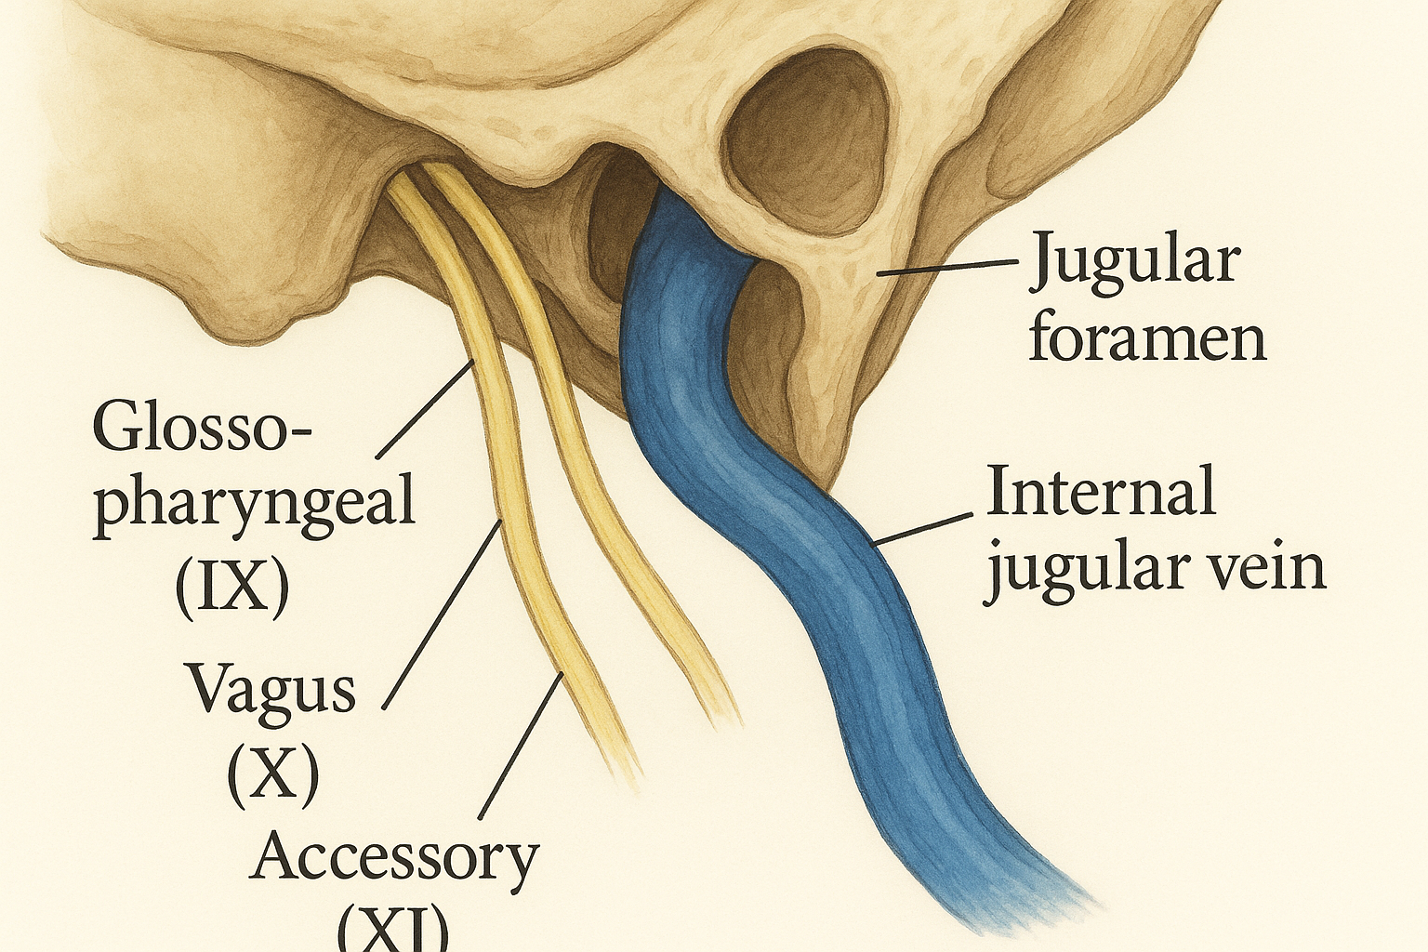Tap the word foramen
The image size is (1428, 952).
tap(1147, 339)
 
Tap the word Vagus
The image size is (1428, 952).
tap(272, 691)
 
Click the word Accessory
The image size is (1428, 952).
tap(395, 857)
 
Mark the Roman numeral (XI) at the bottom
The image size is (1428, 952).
tap(393, 930)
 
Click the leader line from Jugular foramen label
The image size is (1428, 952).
tap(948, 268)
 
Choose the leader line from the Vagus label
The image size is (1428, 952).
tap(443, 614)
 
